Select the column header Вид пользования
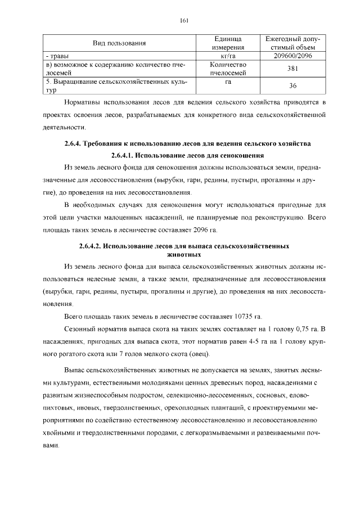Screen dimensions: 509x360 (x=119, y=43)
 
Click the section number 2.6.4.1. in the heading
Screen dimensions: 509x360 (x=128, y=155)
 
